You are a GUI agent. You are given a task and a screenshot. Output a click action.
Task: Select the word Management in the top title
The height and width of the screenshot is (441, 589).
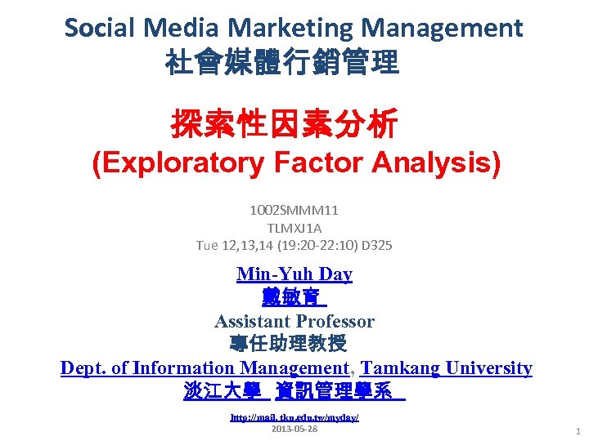443,29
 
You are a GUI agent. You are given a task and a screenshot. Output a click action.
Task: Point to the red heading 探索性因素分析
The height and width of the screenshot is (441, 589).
284,125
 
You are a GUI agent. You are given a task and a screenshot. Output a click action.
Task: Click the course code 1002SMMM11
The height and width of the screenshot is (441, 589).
294,211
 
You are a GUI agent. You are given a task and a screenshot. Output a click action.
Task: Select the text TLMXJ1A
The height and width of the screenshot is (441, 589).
294,228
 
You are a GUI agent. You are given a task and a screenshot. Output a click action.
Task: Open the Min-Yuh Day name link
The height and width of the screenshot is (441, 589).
294,274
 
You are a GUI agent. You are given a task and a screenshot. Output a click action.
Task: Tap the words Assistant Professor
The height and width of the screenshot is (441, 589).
294,321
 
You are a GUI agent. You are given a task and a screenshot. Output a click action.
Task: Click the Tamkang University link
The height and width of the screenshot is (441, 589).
447,368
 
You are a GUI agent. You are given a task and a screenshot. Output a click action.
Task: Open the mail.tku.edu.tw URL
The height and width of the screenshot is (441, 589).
294,416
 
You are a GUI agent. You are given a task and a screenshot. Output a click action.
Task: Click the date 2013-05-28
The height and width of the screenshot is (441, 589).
294,429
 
